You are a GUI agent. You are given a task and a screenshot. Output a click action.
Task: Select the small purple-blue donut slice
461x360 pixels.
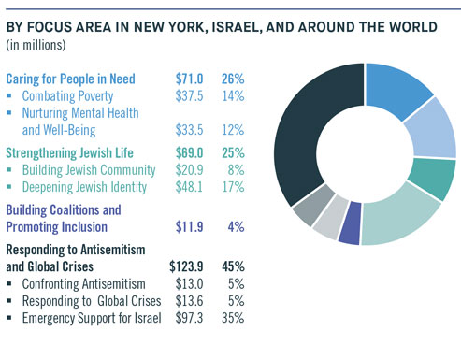tap(349, 230)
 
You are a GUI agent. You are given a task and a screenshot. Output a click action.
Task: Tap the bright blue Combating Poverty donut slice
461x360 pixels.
tap(398, 93)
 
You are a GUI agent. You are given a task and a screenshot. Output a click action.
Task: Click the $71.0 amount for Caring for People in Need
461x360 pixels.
tap(190, 79)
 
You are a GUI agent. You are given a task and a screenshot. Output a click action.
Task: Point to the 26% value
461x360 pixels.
tap(233, 79)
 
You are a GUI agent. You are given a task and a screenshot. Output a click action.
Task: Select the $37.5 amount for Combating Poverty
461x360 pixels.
tap(192, 95)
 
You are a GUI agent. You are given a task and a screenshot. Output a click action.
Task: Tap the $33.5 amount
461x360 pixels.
tap(192, 128)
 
